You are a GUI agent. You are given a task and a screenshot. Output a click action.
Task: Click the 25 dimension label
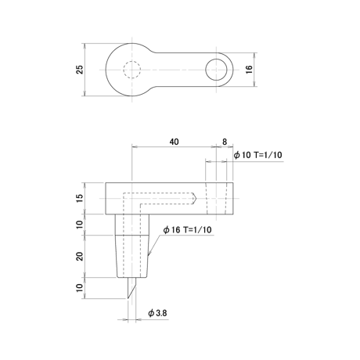coord(80,70)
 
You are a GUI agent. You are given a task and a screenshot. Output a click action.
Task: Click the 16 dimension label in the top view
coord(249,70)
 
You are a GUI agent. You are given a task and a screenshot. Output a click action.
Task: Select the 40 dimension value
coord(175,142)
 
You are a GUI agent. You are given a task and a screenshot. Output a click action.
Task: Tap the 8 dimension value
coord(225,142)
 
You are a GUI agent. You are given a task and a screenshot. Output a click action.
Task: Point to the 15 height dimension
coord(80,198)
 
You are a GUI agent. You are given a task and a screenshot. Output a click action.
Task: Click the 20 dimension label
coord(80,256)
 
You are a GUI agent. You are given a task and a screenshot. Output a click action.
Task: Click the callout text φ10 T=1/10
coord(258,155)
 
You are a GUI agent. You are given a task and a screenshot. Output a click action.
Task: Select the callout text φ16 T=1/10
coord(187,230)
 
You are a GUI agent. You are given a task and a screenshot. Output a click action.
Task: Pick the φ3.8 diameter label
coord(157,313)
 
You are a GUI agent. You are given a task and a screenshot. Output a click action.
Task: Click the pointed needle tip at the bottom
coord(128,298)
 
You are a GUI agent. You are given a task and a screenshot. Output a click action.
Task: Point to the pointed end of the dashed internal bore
coord(196,198)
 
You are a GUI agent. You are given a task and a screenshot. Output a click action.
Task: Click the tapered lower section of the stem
coord(132,256)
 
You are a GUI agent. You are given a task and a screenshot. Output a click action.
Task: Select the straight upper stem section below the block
coord(132,225)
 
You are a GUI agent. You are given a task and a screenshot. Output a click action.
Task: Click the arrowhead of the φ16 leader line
coord(149,254)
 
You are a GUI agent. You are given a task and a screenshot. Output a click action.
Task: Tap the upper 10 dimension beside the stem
coord(80,225)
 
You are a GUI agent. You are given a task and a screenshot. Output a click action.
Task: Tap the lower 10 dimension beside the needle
coord(80,287)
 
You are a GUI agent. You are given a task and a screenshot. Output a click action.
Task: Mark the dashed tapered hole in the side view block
coord(216,198)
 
